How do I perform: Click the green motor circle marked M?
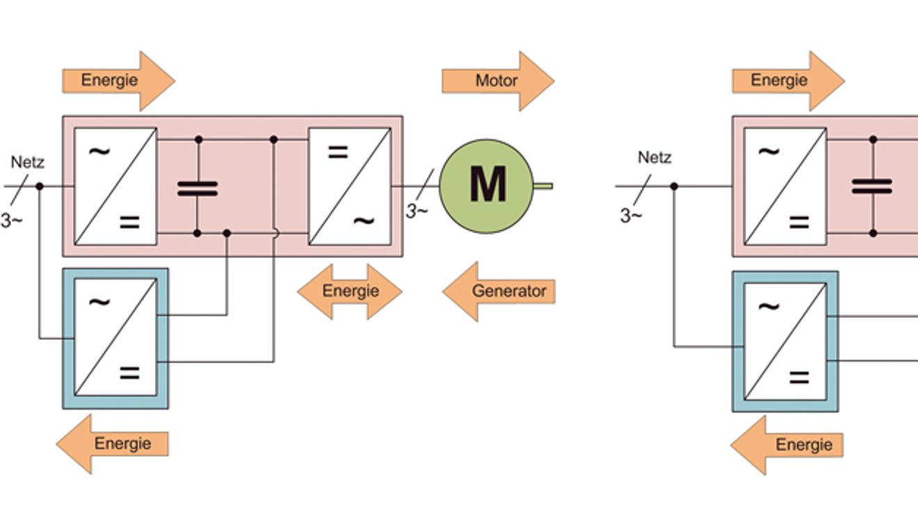[486, 186]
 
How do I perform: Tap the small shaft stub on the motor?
[543, 186]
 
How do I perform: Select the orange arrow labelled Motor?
[498, 81]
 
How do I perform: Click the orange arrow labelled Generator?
[499, 291]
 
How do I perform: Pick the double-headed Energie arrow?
[350, 291]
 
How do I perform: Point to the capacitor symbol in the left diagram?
[198, 189]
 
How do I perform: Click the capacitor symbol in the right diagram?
[871, 186]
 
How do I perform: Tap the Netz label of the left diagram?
[27, 162]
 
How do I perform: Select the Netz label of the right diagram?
[654, 157]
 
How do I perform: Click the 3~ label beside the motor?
[417, 211]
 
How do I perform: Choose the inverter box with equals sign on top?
[350, 186]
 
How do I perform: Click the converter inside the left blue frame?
[115, 337]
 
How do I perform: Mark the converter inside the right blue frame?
[785, 341]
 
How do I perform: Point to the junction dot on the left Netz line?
[40, 186]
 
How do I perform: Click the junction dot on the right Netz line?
[674, 186]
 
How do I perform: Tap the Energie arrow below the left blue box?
[112, 444]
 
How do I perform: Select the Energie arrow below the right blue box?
[787, 445]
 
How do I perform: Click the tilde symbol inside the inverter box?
[364, 221]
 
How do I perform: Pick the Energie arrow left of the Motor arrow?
[119, 81]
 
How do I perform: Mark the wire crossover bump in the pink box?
[276, 234]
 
